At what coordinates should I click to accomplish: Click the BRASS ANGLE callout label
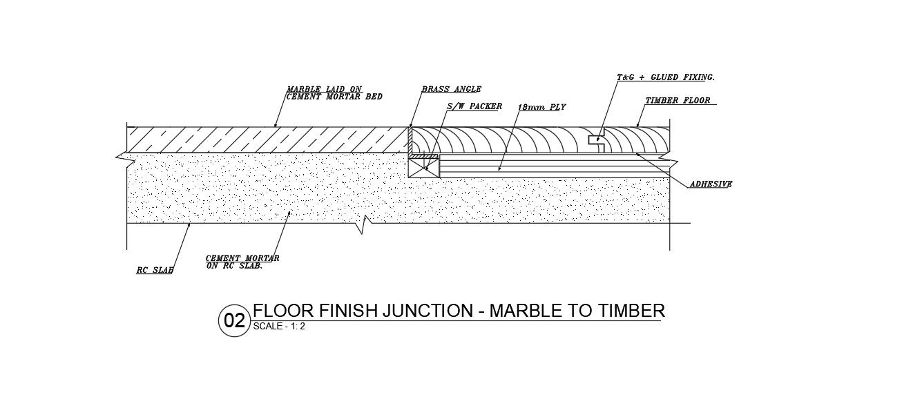(x=451, y=89)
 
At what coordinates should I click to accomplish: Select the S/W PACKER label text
(x=474, y=107)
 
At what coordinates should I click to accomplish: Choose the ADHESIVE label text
(x=711, y=184)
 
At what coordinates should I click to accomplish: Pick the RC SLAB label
(x=155, y=270)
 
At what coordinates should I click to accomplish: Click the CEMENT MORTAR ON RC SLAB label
(x=242, y=262)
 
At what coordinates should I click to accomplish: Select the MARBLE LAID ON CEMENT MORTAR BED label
(x=334, y=93)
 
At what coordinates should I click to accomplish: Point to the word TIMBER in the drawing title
(x=631, y=311)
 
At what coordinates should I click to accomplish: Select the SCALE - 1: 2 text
(x=279, y=327)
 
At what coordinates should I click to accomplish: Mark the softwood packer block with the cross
(x=424, y=167)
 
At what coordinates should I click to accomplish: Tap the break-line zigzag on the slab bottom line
(x=363, y=224)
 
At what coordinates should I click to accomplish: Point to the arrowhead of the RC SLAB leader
(x=189, y=225)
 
